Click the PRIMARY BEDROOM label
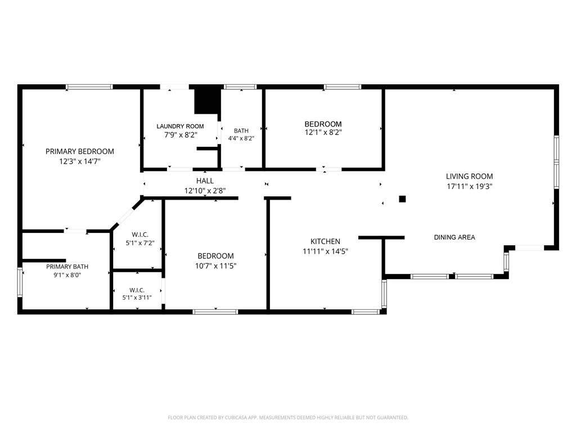[x=80, y=151]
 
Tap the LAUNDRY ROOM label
[x=180, y=127]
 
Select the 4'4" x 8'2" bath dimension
[x=241, y=138]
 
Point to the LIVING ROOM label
[x=469, y=176]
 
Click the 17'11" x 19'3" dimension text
[x=469, y=186]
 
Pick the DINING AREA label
[x=454, y=237]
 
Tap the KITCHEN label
[x=325, y=241]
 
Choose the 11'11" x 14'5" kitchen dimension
[x=325, y=251]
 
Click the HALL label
[x=205, y=181]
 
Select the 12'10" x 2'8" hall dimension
[x=205, y=191]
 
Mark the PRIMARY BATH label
[x=67, y=267]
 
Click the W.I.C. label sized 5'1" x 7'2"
[x=140, y=235]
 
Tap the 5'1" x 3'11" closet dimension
[x=137, y=298]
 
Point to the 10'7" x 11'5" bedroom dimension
[x=215, y=265]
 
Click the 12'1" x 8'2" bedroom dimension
[x=323, y=132]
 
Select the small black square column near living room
[x=402, y=199]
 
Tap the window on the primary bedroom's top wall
[x=89, y=87]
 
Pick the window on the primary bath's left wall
[x=20, y=282]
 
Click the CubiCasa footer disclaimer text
[x=288, y=417]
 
